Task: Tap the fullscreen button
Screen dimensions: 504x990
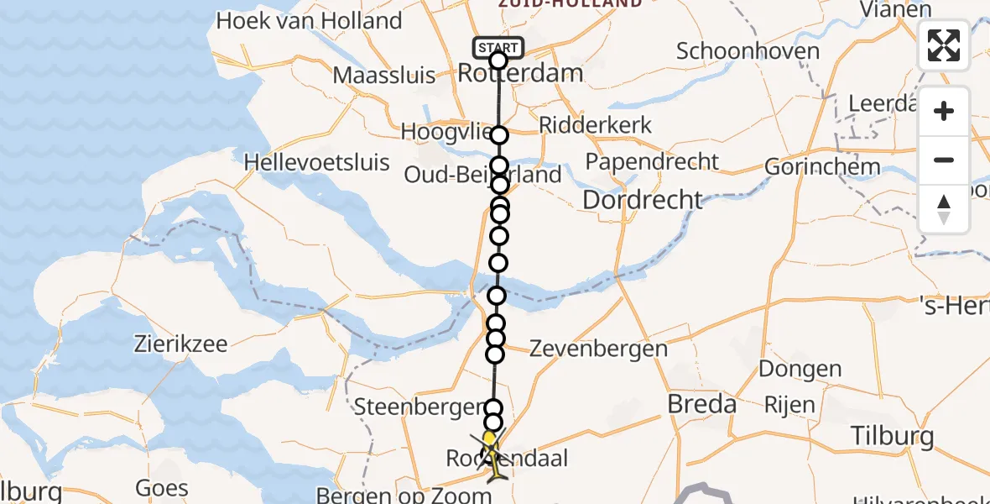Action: pyautogui.click(x=944, y=45)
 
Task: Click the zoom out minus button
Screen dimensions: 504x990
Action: pyautogui.click(x=944, y=160)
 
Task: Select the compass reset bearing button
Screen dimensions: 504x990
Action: pyautogui.click(x=944, y=209)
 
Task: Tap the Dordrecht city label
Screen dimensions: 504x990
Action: pyautogui.click(x=642, y=200)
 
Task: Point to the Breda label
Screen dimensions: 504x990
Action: pyautogui.click(x=701, y=404)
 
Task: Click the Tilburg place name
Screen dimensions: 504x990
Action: pyautogui.click(x=892, y=436)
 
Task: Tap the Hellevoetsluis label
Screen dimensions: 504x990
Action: pyautogui.click(x=317, y=161)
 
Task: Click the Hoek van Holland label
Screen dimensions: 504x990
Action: pyautogui.click(x=309, y=20)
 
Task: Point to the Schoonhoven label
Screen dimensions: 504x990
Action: pyautogui.click(x=748, y=51)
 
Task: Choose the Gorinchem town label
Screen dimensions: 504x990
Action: pyautogui.click(x=822, y=166)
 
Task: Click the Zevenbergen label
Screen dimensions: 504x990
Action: pyautogui.click(x=598, y=349)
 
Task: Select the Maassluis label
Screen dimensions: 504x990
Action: pyautogui.click(x=384, y=76)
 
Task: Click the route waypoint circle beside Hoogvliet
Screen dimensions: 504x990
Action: pyautogui.click(x=499, y=135)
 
